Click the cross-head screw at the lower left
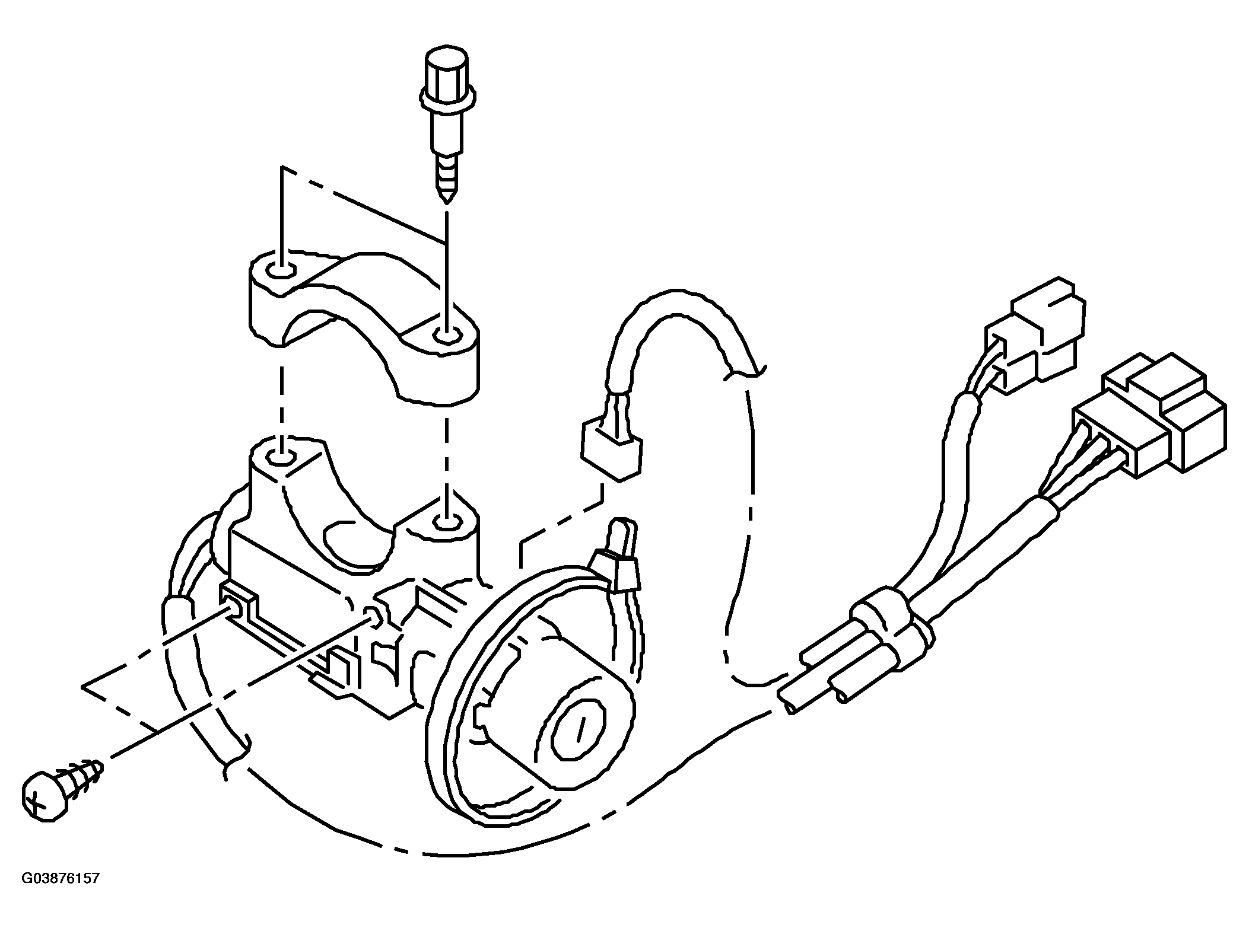[x=62, y=787]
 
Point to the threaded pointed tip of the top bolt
[x=446, y=187]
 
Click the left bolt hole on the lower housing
[x=281, y=457]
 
